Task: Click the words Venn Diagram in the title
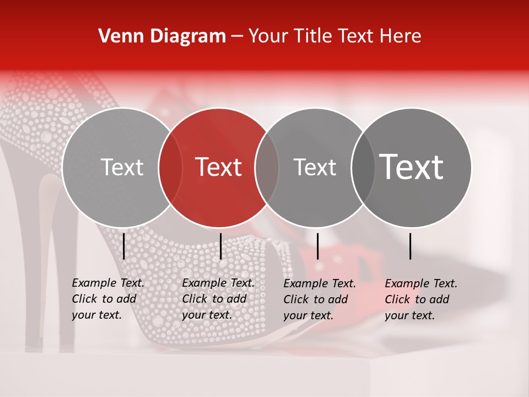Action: (162, 36)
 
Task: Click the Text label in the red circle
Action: (219, 167)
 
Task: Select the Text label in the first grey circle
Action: (122, 167)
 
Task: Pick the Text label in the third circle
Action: (315, 167)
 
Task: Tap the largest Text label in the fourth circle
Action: (412, 167)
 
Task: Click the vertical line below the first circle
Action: (123, 246)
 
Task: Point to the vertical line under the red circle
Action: (220, 246)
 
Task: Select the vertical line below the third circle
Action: (317, 246)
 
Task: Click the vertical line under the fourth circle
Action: (411, 246)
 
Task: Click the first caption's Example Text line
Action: (108, 283)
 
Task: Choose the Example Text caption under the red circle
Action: (218, 283)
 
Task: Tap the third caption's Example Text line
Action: (320, 283)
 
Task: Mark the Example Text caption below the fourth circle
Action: (421, 283)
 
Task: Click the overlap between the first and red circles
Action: (170, 167)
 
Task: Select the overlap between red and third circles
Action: (267, 167)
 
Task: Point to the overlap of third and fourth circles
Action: (363, 167)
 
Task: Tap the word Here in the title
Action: (402, 36)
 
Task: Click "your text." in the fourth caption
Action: (409, 315)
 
